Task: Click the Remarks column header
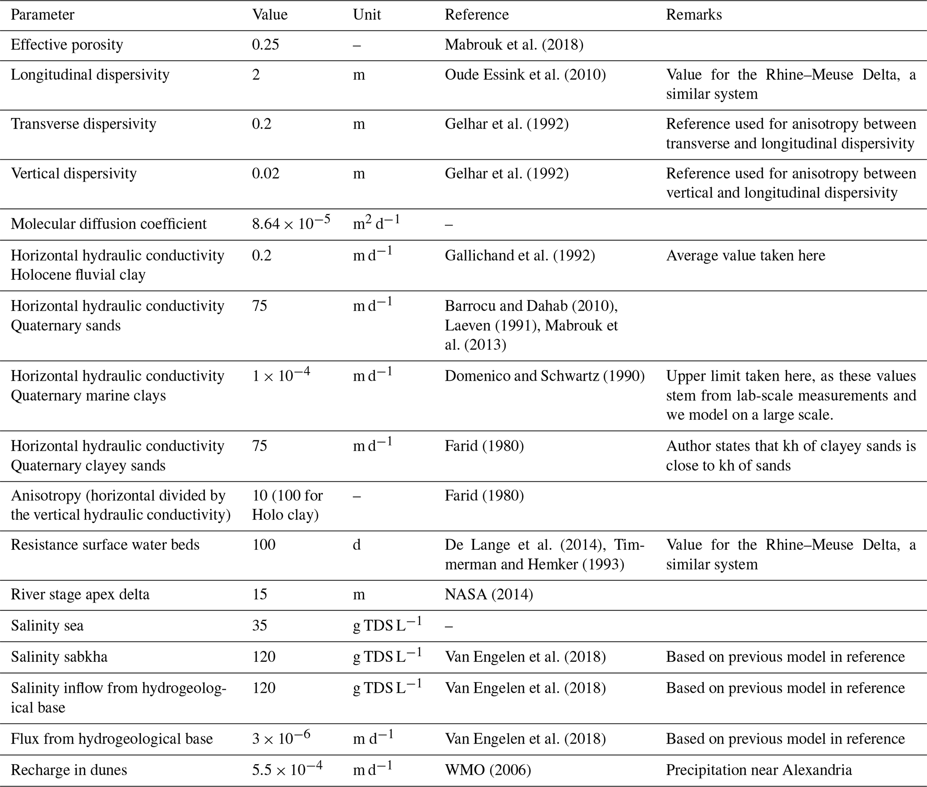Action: [693, 15]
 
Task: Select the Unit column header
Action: [366, 15]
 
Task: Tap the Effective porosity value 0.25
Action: [265, 45]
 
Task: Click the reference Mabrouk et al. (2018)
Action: [514, 45]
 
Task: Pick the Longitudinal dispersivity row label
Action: [90, 74]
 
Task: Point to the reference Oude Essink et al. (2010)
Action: [525, 74]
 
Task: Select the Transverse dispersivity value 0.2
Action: [261, 124]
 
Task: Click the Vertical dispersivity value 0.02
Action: [265, 174]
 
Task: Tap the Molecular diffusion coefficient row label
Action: [109, 224]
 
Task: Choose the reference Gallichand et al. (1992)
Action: [519, 256]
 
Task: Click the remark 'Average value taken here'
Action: [745, 256]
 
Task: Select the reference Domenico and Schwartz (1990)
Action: [544, 376]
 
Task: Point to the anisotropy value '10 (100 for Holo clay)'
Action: [287, 505]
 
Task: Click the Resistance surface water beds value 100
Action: [263, 545]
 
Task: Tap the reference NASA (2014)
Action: [488, 595]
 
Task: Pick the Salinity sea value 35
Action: [259, 626]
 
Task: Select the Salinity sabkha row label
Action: [59, 657]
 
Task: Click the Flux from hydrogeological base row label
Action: [112, 739]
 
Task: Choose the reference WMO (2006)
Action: [487, 770]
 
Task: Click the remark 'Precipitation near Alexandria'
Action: [758, 770]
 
